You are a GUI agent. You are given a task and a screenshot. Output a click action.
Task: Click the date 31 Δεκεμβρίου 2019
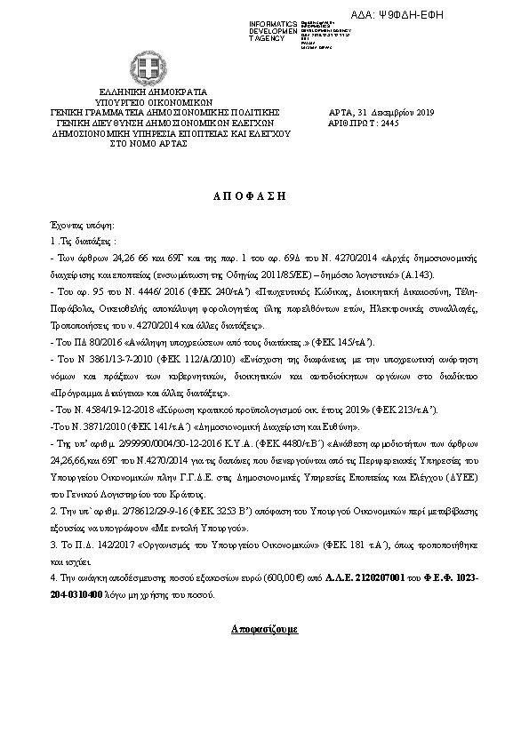394,113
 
